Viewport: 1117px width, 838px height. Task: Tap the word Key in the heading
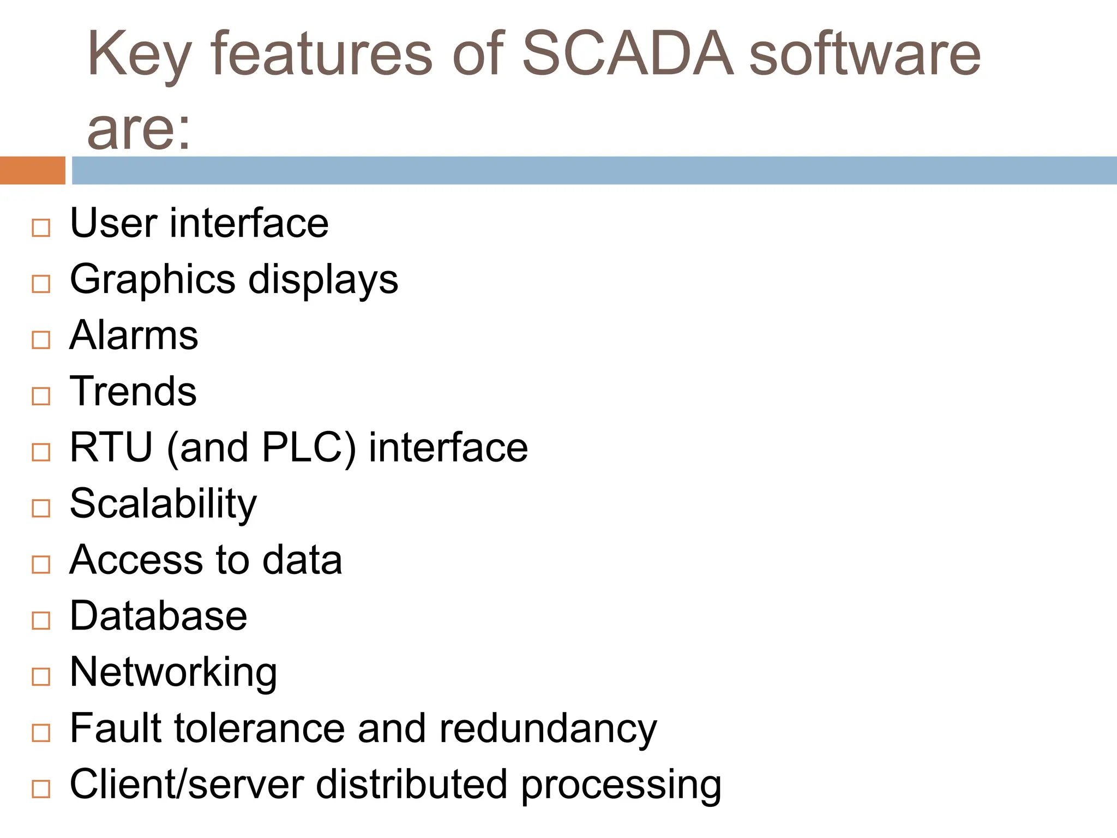pos(139,55)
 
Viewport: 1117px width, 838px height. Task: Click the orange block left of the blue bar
pos(32,170)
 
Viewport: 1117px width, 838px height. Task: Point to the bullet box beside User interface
pos(41,228)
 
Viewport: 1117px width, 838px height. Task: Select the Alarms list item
pos(134,335)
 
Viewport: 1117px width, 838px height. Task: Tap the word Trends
pos(133,391)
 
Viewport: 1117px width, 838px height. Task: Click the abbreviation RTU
pos(111,447)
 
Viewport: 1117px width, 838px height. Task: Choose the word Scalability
pos(163,504)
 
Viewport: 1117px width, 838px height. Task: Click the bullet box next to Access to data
pos(41,564)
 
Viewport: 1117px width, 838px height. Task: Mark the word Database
pos(158,616)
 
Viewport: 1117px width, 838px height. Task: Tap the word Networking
pos(173,673)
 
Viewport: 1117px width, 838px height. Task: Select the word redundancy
pos(548,729)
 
